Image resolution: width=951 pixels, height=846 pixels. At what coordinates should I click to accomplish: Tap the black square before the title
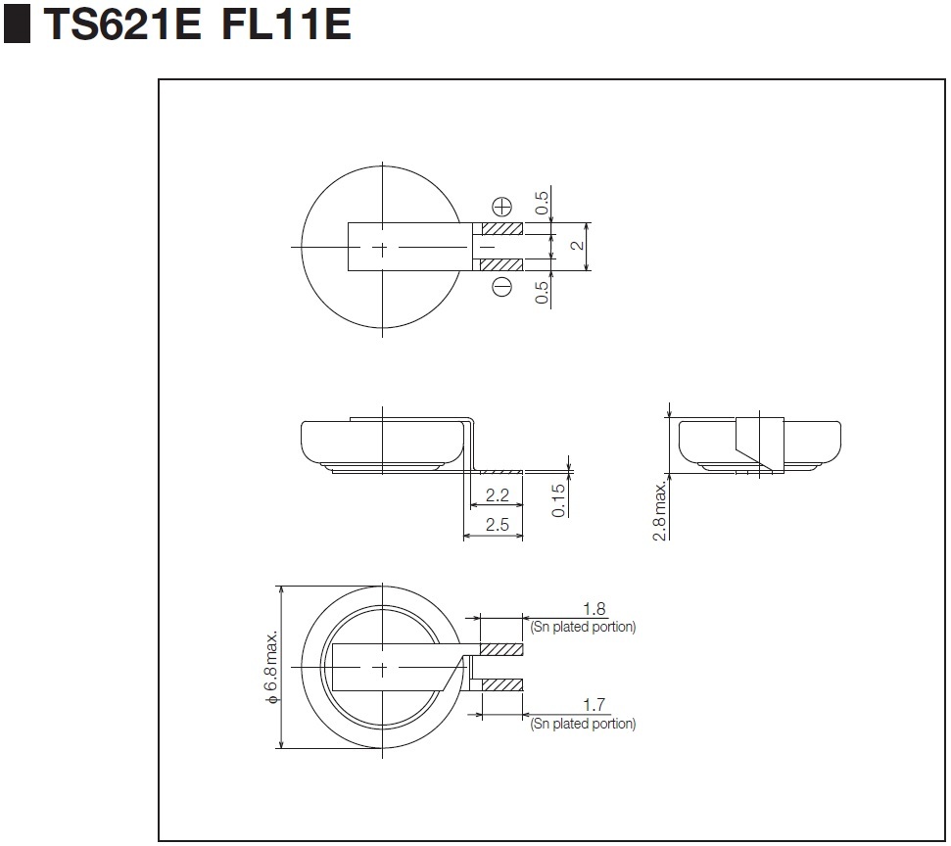click(18, 25)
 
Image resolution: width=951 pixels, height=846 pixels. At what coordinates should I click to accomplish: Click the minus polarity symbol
click(501, 287)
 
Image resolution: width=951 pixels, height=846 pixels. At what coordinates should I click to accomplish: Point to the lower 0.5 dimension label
click(542, 292)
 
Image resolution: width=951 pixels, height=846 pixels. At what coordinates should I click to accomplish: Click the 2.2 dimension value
click(497, 493)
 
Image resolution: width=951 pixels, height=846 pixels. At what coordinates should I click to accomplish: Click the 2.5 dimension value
click(497, 525)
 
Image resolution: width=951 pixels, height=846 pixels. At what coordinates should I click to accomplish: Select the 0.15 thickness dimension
click(559, 499)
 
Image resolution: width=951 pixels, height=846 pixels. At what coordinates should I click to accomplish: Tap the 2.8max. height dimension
click(661, 508)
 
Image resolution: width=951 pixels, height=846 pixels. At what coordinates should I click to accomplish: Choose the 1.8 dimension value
click(594, 609)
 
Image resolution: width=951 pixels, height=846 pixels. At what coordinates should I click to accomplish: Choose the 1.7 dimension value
click(594, 705)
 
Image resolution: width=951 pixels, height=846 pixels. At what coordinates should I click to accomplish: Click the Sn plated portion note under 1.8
click(583, 627)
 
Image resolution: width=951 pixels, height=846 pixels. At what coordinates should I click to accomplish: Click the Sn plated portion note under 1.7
click(583, 724)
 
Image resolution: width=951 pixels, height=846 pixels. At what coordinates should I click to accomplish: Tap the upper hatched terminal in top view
click(502, 228)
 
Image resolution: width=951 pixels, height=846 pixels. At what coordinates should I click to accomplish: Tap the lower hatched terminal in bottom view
click(501, 684)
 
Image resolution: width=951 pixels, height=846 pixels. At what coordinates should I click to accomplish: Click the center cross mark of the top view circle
click(381, 246)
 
